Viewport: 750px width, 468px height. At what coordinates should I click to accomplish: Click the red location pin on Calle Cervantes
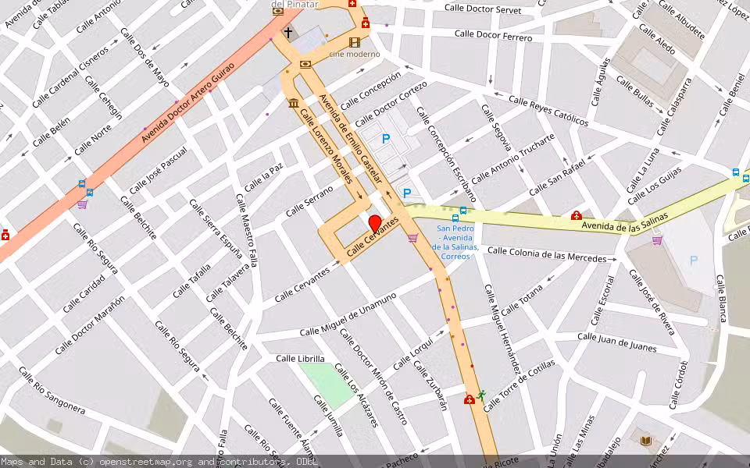(375, 223)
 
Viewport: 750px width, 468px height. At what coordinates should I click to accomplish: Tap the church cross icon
(288, 33)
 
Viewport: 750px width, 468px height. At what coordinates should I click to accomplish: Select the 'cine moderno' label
(354, 54)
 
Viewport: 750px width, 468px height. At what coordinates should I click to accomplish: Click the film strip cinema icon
(355, 41)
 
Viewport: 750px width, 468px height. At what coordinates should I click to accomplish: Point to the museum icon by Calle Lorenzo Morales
(294, 104)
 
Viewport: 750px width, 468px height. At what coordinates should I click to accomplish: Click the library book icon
(645, 441)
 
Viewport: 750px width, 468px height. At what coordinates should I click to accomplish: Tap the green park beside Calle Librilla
(327, 384)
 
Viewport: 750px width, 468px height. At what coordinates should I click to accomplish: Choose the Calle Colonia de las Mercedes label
(546, 254)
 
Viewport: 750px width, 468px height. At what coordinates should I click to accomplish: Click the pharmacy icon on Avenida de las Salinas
(576, 215)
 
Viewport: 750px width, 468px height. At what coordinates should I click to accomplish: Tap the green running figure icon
(482, 395)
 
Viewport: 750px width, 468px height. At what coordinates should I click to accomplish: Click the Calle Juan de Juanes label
(616, 341)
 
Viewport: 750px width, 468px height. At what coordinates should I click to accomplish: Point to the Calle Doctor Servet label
(482, 9)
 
